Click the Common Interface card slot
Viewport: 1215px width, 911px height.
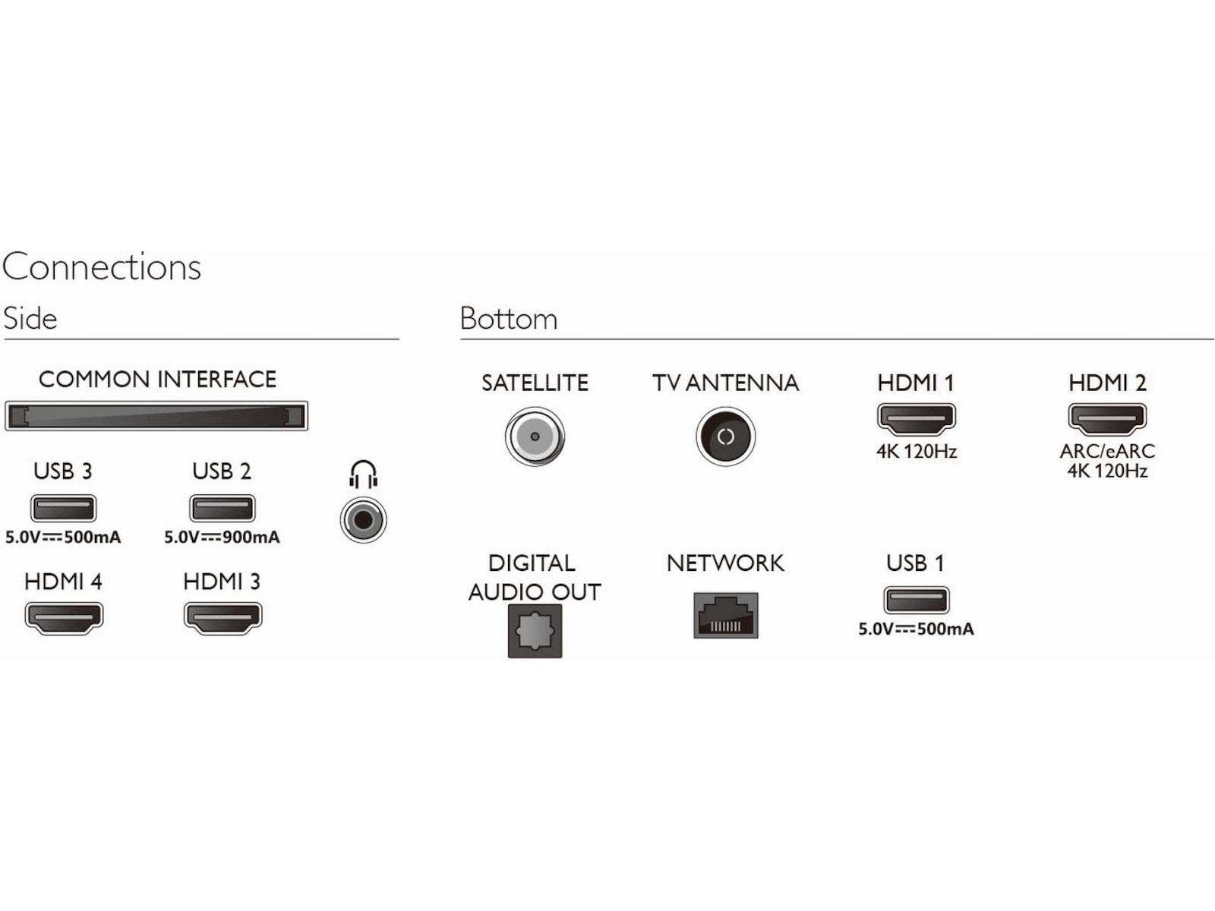click(x=156, y=416)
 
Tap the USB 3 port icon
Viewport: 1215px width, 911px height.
click(x=63, y=508)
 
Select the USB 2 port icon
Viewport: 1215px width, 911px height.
click(x=222, y=508)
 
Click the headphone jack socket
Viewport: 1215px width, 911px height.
click(x=364, y=520)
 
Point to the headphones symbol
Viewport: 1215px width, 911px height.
click(x=364, y=474)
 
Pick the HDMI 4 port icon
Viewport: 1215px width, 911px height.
click(x=64, y=617)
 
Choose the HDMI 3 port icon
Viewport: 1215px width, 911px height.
click(x=222, y=617)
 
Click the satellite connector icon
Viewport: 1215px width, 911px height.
click(x=535, y=437)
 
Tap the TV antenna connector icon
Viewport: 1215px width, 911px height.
click(x=725, y=437)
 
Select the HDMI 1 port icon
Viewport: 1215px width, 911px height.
click(x=917, y=418)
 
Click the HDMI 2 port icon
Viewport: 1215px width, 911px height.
click(x=1107, y=418)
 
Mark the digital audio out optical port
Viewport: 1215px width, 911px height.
click(x=535, y=631)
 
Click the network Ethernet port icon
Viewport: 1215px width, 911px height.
click(x=725, y=615)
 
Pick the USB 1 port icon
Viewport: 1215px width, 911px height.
click(x=917, y=600)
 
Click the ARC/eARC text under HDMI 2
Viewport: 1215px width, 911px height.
click(x=1107, y=451)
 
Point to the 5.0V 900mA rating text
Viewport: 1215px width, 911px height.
click(x=222, y=537)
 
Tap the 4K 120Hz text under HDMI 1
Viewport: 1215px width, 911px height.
click(x=917, y=452)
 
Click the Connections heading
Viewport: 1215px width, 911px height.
click(x=102, y=267)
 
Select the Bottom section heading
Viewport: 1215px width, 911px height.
click(x=509, y=319)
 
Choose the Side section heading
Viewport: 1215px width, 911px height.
click(x=30, y=319)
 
